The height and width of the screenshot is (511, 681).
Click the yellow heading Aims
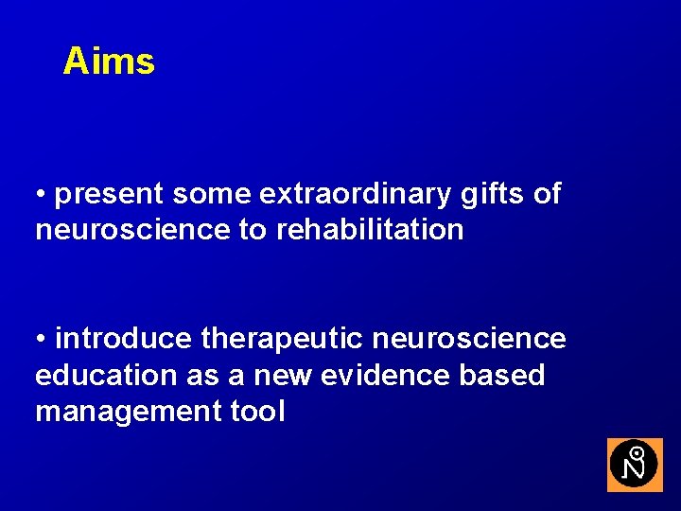tap(109, 62)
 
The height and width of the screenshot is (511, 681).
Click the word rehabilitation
tap(370, 229)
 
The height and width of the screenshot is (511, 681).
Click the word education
tap(106, 375)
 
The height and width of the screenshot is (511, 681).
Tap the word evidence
tap(387, 375)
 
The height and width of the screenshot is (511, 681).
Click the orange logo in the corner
tap(635, 465)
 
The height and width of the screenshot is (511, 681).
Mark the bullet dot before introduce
tap(42, 340)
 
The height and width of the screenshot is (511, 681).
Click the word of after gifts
tap(548, 195)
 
